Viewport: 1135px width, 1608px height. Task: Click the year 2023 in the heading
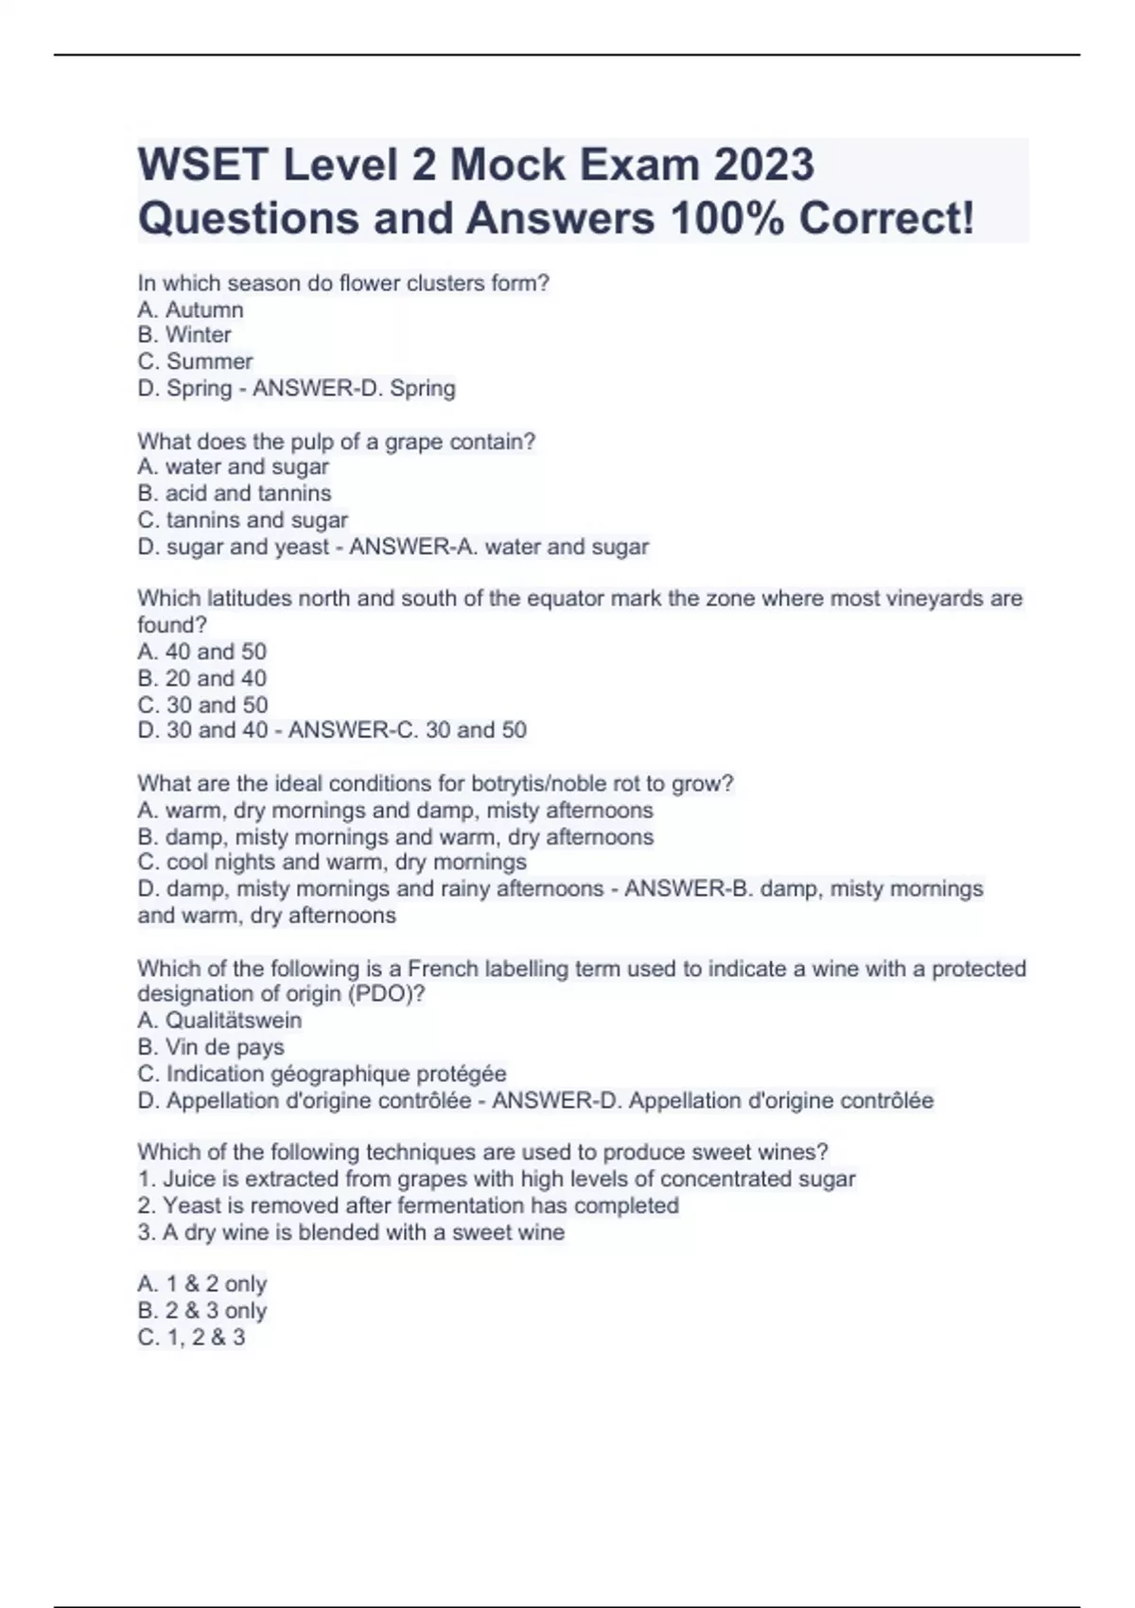point(763,166)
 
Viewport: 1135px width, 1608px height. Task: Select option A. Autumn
point(190,309)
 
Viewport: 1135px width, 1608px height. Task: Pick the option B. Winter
point(184,335)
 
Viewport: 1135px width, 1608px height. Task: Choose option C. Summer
point(195,361)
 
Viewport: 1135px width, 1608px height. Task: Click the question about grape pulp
point(336,441)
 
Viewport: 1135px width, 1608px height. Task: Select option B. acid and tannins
point(235,493)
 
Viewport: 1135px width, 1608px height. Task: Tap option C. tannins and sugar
point(243,519)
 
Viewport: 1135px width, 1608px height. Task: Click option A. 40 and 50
point(202,652)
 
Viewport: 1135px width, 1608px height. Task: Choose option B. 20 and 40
point(202,678)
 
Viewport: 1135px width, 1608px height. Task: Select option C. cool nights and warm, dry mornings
point(332,863)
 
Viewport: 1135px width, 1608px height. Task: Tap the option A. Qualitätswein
point(219,1021)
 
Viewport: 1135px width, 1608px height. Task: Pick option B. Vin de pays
point(211,1047)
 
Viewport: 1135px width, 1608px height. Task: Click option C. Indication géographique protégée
point(323,1074)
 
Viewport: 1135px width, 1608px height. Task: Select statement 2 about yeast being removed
point(408,1206)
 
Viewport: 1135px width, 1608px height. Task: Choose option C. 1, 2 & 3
point(191,1337)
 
